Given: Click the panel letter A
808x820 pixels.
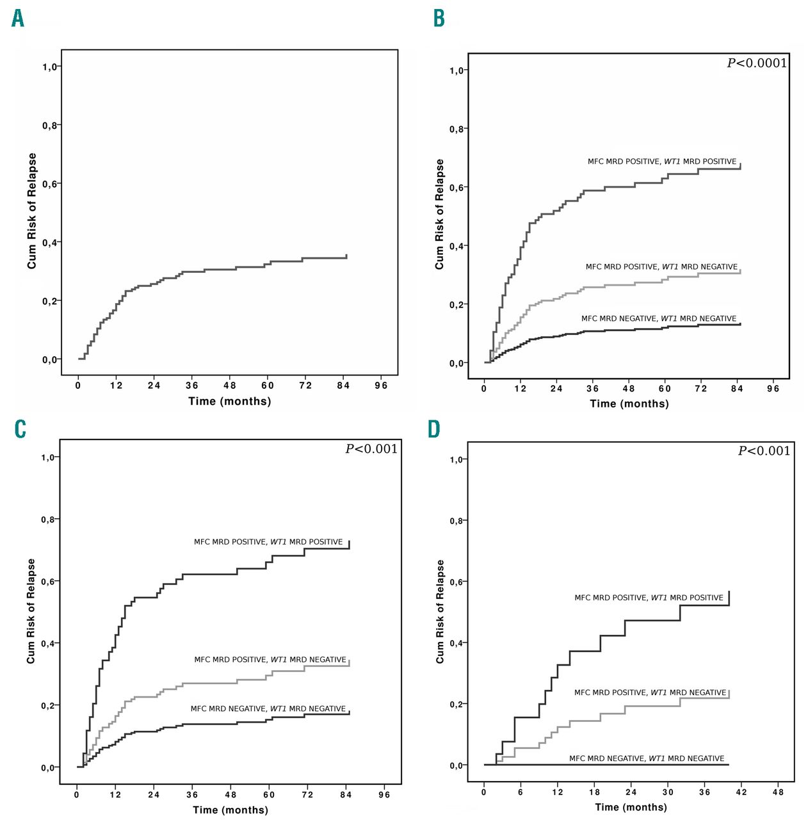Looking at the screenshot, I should (18, 19).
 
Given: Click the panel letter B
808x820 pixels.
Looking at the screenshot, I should (439, 18).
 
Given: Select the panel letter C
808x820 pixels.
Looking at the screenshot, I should (20, 429).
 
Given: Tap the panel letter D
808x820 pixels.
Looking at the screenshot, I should (434, 429).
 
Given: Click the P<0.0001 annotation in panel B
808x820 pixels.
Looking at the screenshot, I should (756, 63).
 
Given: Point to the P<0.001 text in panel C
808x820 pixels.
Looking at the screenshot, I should (371, 448).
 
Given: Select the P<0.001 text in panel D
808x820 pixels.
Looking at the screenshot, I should (764, 450).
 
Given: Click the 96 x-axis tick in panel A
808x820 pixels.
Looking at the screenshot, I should (381, 385).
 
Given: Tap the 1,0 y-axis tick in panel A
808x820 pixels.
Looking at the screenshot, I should (50, 67).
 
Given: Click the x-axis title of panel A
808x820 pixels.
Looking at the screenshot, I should (229, 402).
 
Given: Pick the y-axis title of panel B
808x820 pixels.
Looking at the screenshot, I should (439, 214).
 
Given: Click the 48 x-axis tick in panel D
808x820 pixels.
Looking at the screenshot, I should (778, 792).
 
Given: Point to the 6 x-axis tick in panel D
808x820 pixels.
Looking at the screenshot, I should (521, 792).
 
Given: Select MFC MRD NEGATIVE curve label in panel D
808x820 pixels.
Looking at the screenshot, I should (647, 758).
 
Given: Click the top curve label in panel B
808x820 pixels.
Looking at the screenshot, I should (662, 161).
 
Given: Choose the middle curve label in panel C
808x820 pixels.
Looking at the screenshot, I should (270, 659).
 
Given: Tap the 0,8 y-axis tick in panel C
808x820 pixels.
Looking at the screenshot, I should (49, 520).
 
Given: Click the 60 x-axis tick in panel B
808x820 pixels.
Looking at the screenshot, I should (665, 388).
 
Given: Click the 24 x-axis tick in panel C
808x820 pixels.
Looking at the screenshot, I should (154, 794).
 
